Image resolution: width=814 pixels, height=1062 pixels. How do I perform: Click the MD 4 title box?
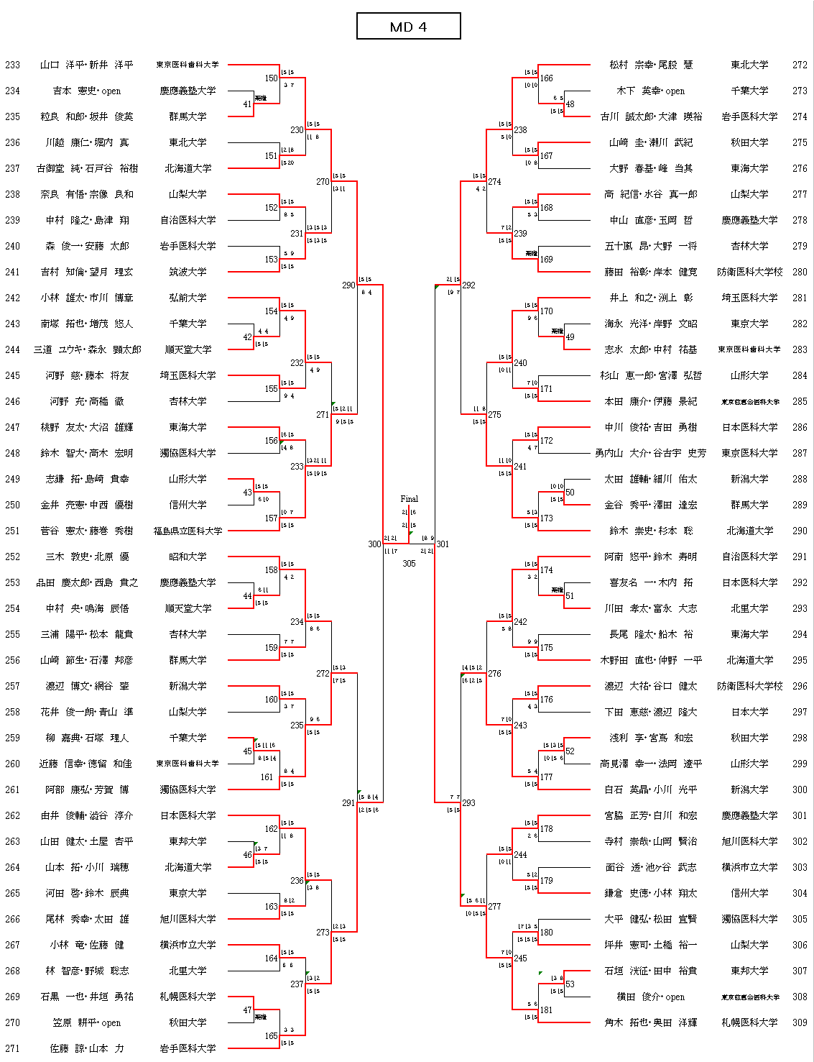click(408, 27)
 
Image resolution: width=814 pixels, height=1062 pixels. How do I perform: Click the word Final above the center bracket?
click(409, 498)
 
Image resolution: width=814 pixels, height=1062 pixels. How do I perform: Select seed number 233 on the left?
click(13, 65)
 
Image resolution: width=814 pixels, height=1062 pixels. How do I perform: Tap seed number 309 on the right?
click(800, 1022)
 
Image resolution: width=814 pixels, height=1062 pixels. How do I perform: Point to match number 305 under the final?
click(409, 564)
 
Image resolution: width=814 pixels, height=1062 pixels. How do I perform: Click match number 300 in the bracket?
click(374, 544)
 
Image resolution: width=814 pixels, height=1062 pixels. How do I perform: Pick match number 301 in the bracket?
click(443, 544)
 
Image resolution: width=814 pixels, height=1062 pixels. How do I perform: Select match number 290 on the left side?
click(348, 285)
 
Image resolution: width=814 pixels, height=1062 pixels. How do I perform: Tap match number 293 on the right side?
click(468, 803)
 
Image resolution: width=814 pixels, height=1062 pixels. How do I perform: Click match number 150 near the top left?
click(271, 78)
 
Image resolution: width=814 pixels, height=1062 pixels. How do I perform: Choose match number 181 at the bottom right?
click(547, 1010)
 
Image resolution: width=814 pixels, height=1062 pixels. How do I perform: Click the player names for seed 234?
click(87, 91)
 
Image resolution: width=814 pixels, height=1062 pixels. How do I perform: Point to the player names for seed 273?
click(650, 91)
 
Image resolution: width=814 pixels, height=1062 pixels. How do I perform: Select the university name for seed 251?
click(188, 531)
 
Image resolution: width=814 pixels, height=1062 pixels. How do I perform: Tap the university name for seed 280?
click(749, 272)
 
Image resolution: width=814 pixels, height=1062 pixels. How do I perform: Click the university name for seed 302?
click(749, 841)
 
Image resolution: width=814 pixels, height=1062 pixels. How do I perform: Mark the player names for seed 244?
click(87, 349)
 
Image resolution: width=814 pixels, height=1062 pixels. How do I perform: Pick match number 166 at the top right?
click(547, 78)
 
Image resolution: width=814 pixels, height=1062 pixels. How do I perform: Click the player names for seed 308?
click(650, 997)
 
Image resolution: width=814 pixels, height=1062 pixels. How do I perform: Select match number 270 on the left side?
click(323, 182)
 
